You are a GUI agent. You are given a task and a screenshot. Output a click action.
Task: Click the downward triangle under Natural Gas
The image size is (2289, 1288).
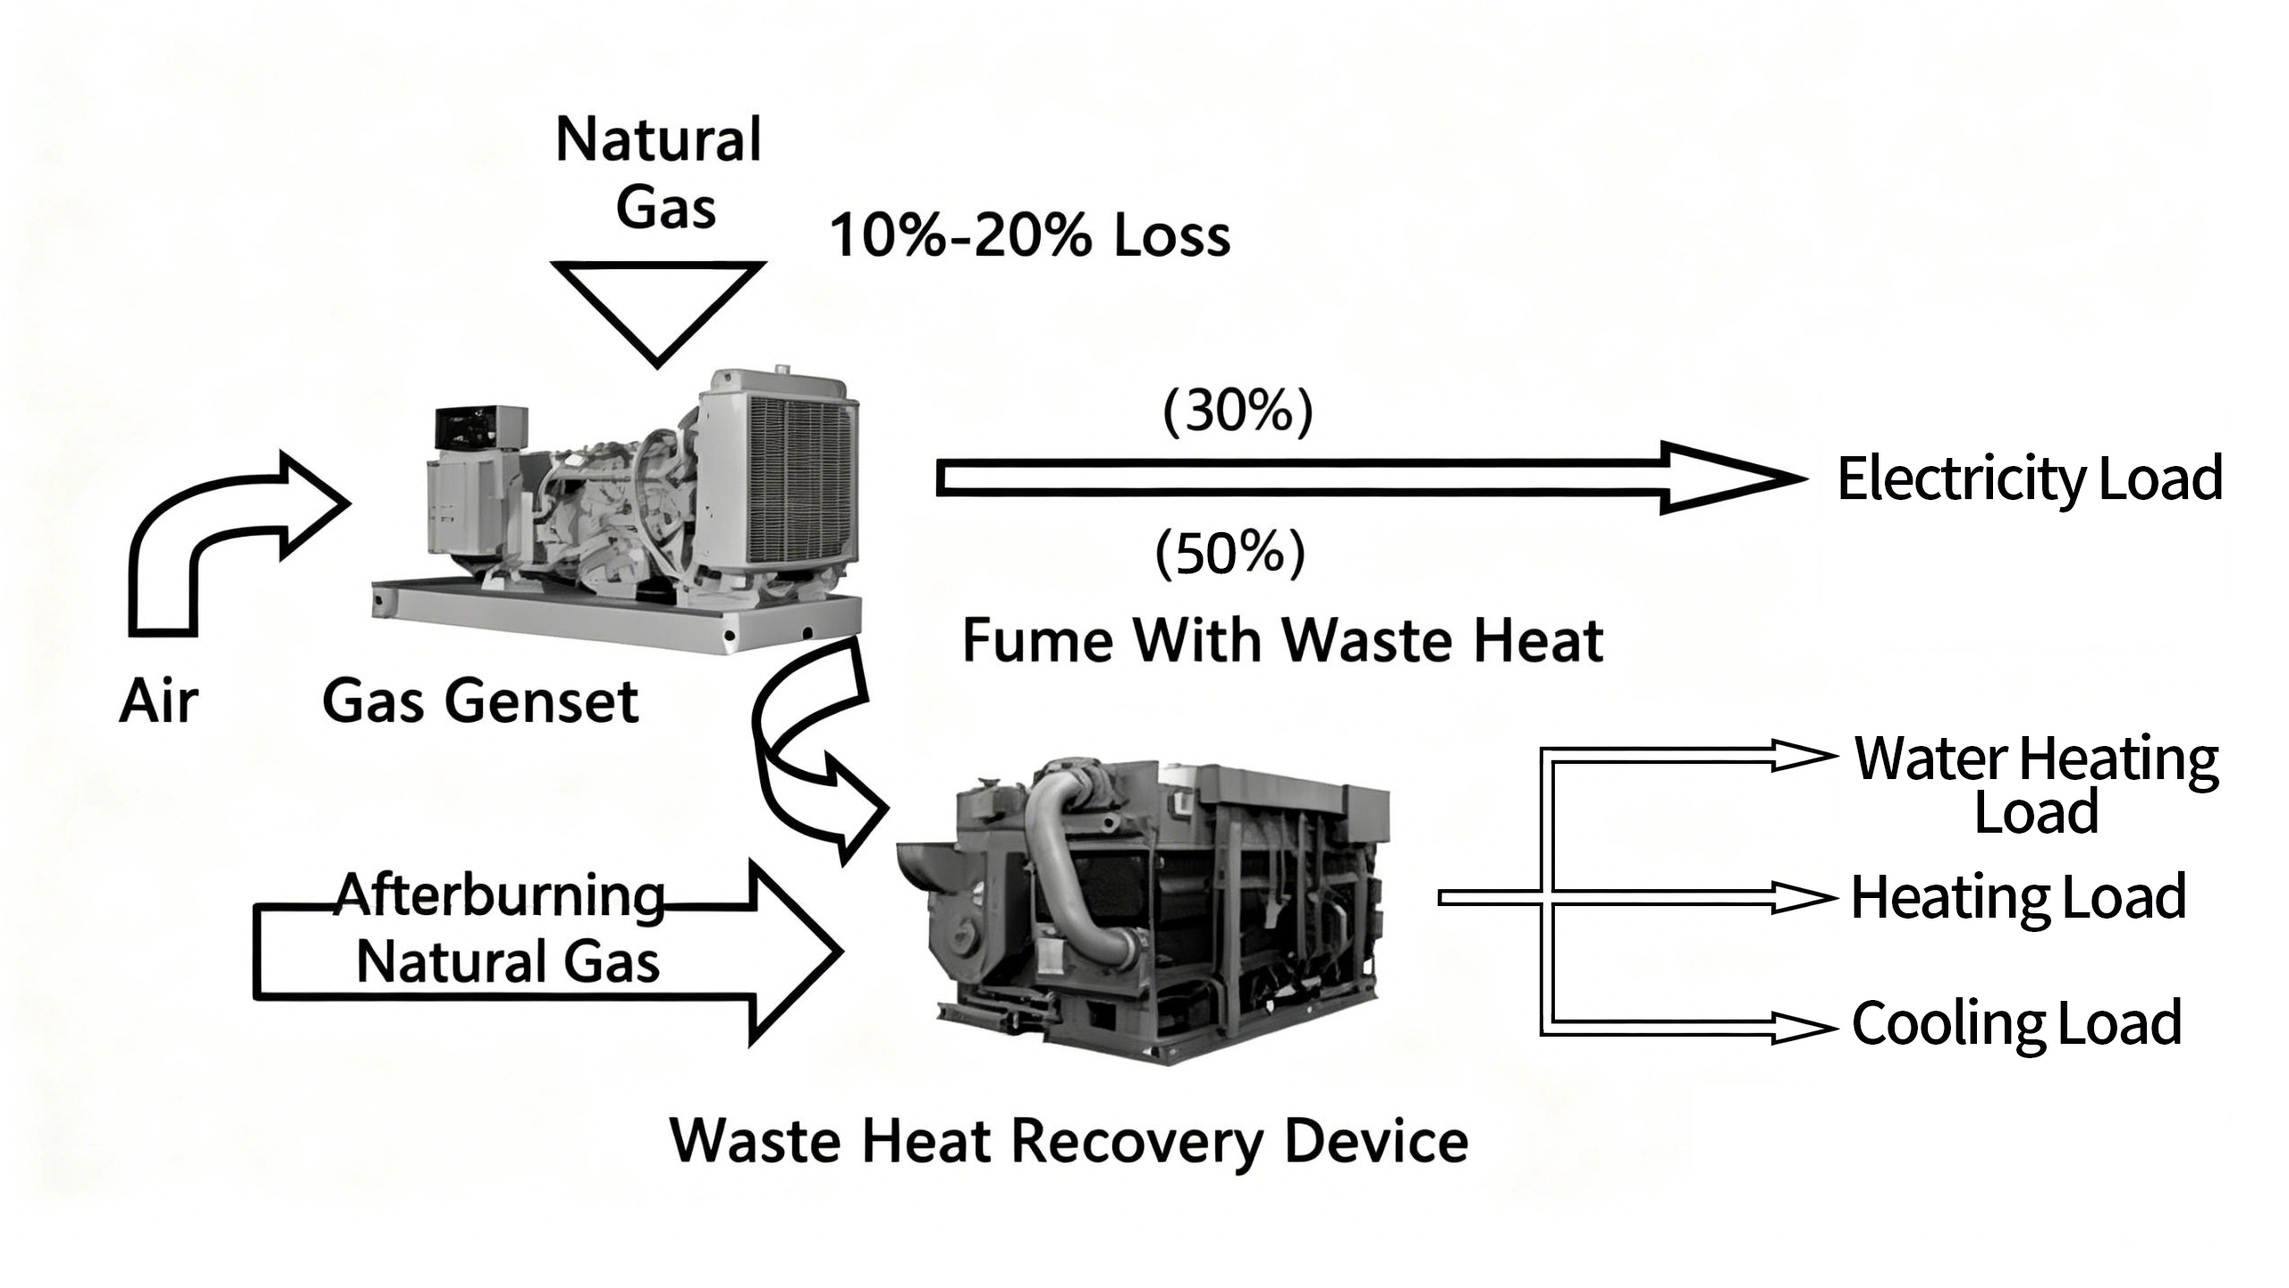658,304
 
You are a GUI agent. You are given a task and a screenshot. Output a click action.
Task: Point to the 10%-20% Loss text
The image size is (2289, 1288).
1030,236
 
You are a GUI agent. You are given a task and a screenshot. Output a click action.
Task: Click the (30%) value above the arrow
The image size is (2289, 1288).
1237,411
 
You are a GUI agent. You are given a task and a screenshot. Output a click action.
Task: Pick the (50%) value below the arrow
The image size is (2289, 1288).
1230,553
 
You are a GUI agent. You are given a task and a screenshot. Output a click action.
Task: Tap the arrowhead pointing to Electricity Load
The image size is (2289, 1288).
1726,479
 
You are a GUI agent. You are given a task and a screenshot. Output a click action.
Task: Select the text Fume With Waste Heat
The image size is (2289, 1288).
1282,640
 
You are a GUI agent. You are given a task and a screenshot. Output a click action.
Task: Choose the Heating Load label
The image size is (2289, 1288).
2018,898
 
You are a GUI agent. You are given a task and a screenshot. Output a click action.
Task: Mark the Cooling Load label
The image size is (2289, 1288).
2016,1023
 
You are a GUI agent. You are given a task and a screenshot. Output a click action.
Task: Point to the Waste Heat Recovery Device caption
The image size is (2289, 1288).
1069,1141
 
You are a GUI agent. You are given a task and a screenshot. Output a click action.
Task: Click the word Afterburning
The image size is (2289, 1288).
501,895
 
